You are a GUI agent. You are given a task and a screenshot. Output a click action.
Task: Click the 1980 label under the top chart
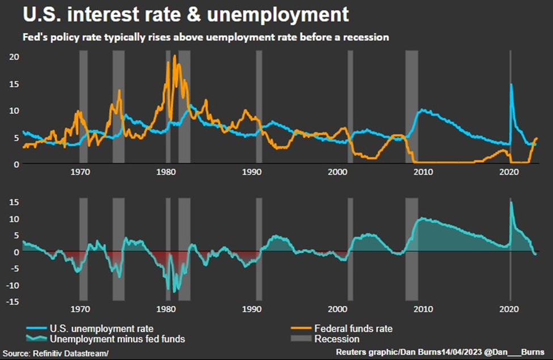[166, 172]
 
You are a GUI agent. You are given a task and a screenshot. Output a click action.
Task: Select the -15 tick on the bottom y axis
[12, 302]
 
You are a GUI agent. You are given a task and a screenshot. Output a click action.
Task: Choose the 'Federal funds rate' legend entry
[353, 328]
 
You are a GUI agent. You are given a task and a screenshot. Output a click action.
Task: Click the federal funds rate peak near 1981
[174, 56]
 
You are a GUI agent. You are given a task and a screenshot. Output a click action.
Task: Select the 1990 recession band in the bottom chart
[259, 249]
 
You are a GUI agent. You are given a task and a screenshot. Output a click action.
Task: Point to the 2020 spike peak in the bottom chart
[510, 202]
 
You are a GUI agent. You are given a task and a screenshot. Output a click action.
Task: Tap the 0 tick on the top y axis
[16, 164]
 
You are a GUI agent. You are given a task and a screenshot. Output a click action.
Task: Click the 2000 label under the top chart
[338, 172]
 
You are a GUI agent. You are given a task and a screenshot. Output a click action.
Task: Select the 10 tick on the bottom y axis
[14, 218]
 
